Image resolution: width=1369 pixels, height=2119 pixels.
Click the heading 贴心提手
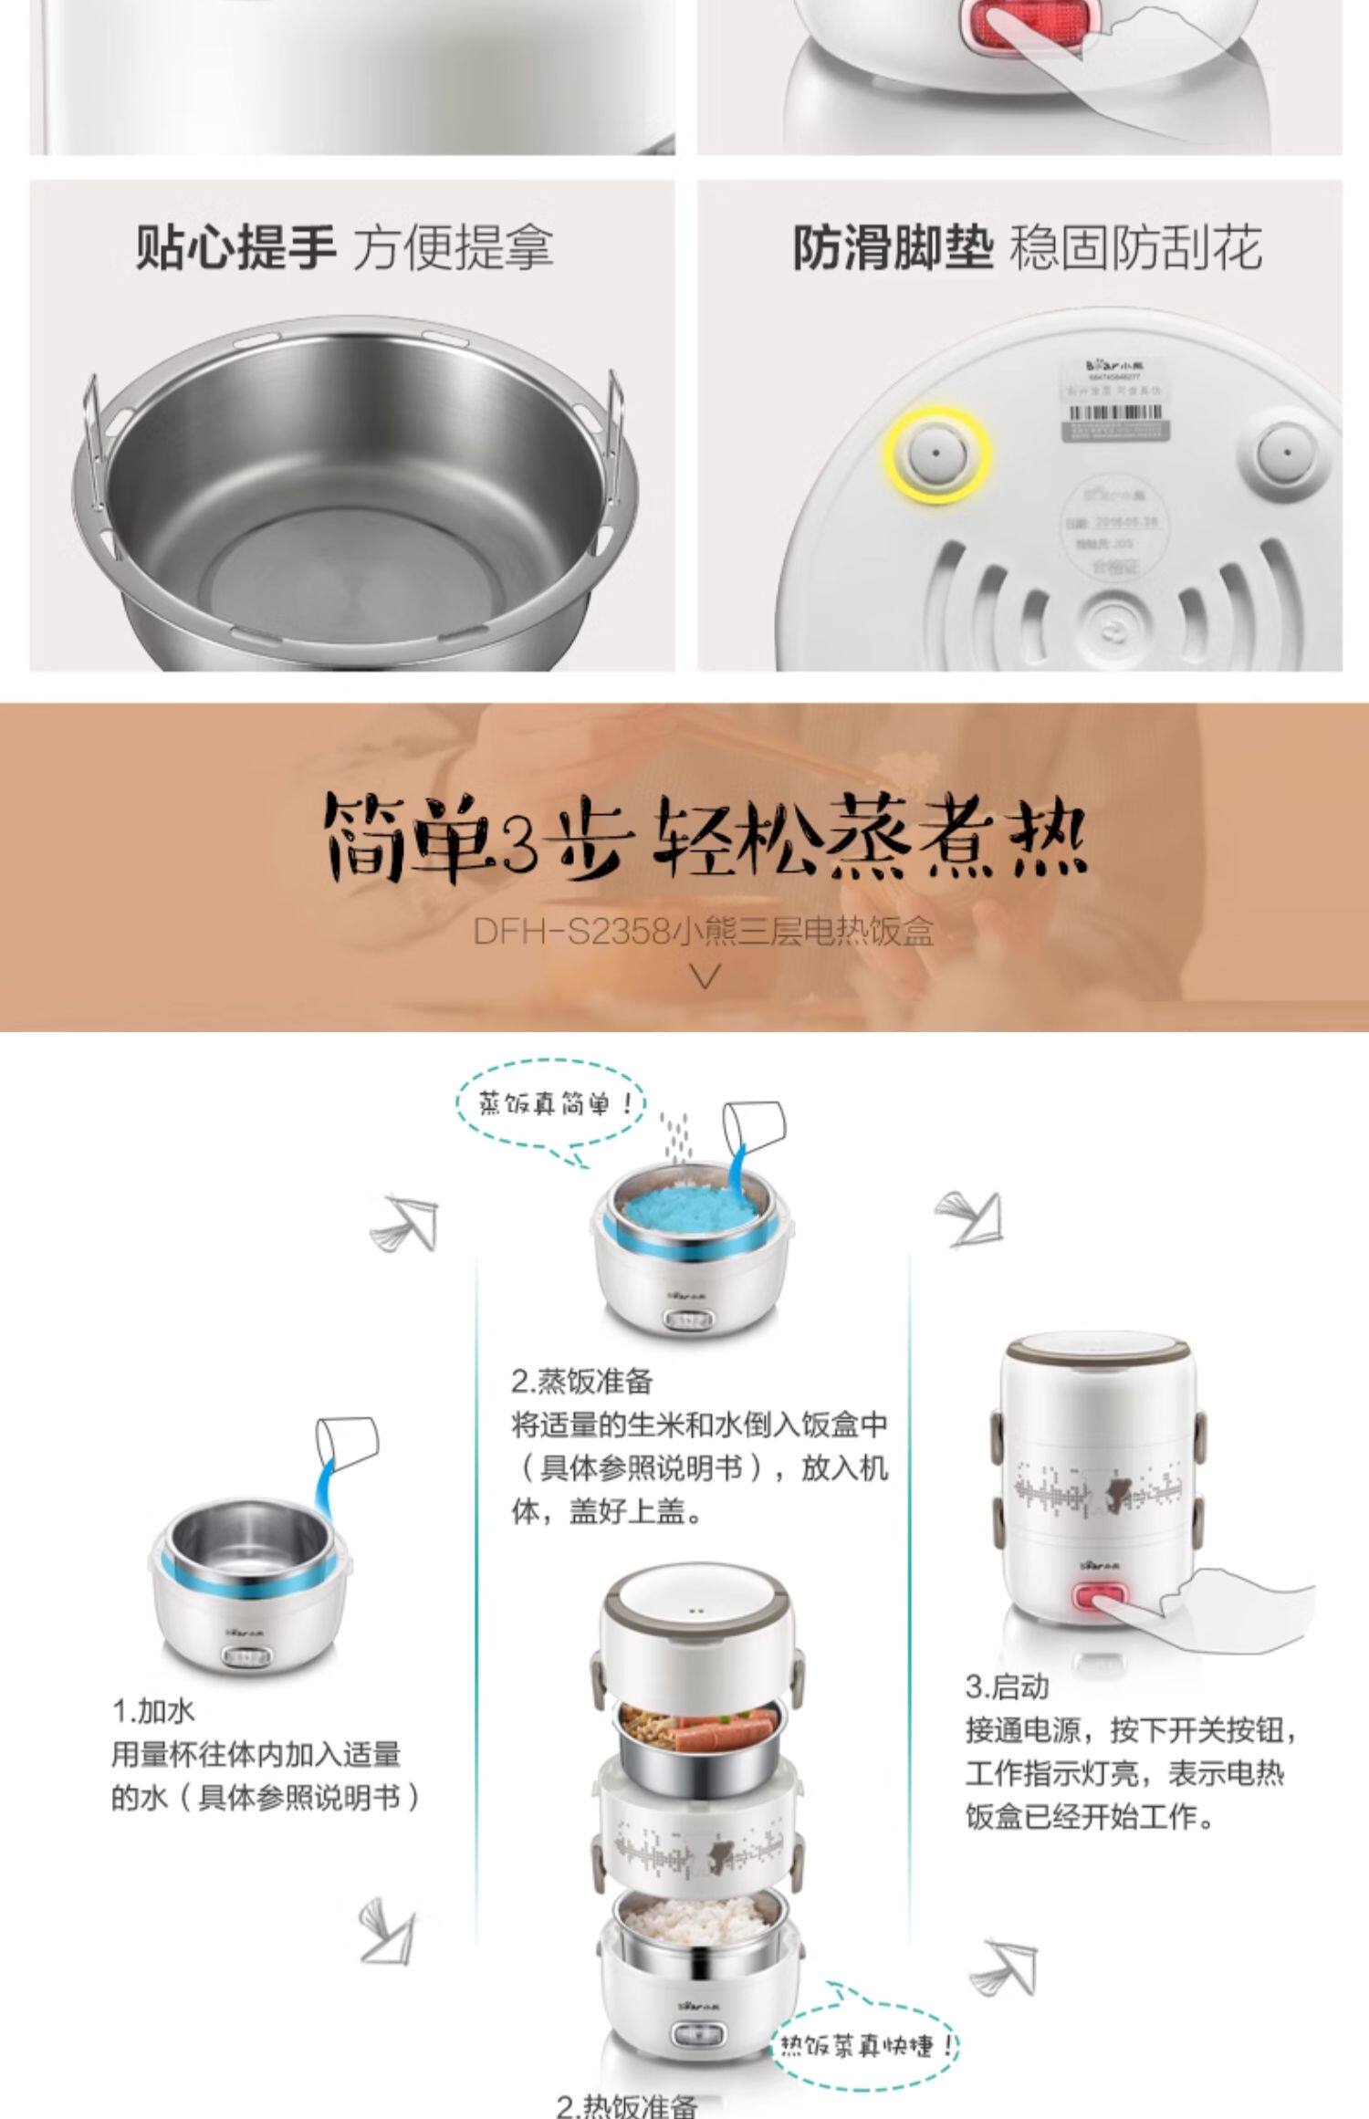[x=235, y=247]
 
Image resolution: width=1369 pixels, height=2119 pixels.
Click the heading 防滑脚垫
[x=892, y=247]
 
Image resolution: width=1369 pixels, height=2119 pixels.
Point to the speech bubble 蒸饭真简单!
[x=550, y=1105]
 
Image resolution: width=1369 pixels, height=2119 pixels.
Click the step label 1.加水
[x=153, y=1711]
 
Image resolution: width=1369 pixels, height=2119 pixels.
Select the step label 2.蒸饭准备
[x=581, y=1381]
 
